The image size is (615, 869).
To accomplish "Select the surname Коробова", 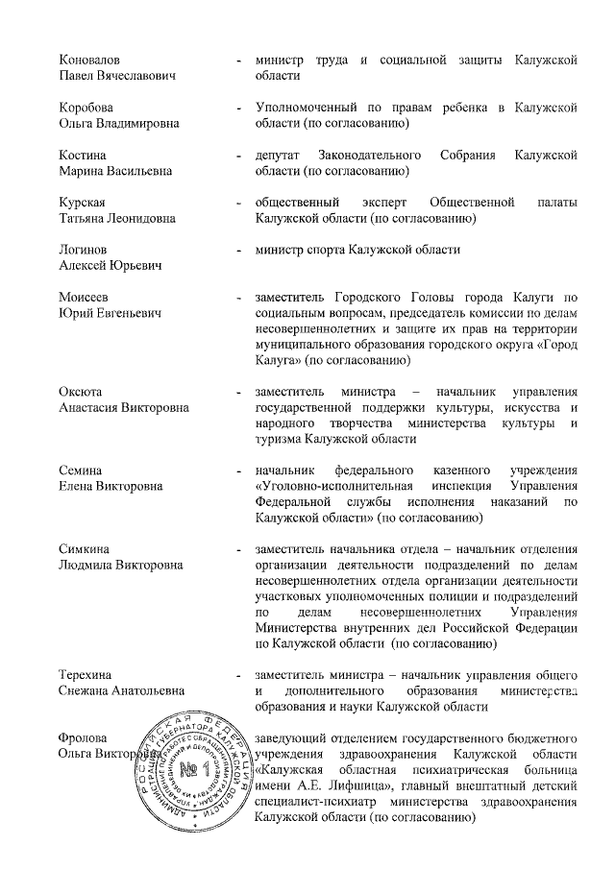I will (x=87, y=109).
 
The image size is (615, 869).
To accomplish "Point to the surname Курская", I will (x=85, y=203).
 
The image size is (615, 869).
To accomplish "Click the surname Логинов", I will (x=85, y=250).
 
